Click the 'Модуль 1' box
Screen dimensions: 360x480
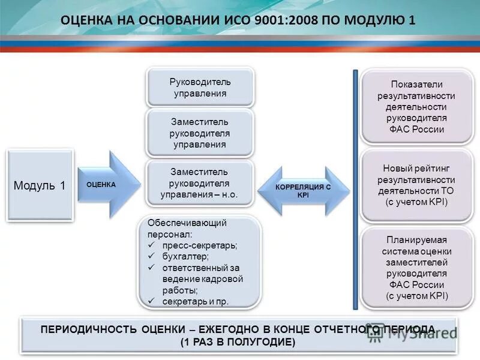click(x=40, y=185)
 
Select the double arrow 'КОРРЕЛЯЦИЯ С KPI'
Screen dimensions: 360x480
click(x=303, y=191)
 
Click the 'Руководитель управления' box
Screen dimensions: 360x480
click(x=200, y=87)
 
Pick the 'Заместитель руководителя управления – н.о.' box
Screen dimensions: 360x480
click(x=200, y=183)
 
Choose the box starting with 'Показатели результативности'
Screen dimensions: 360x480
click(x=416, y=107)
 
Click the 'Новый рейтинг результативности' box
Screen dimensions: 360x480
click(x=416, y=185)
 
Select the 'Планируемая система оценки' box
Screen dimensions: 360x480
click(x=416, y=267)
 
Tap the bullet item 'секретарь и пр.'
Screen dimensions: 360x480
click(x=196, y=301)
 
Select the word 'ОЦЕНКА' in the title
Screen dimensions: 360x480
click(x=87, y=20)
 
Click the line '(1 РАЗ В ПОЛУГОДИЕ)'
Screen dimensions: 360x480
click(x=238, y=342)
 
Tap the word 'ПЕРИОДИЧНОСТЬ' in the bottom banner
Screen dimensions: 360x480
click(x=89, y=329)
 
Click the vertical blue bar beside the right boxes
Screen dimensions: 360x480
click(x=355, y=190)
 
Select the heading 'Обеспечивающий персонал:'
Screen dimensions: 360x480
click(x=187, y=228)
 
